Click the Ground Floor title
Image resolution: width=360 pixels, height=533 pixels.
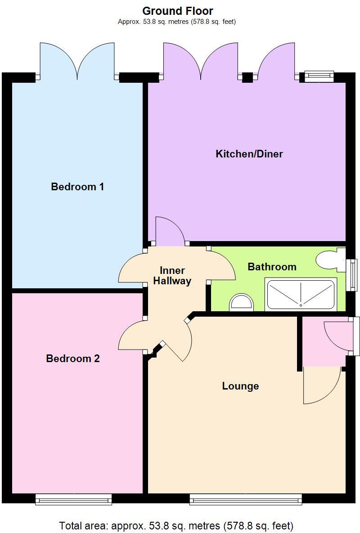pos(178,11)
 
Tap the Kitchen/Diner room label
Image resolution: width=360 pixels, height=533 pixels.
pos(249,154)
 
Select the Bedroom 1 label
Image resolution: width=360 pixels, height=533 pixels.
pos(77,186)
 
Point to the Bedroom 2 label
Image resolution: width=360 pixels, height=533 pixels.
pos(73,358)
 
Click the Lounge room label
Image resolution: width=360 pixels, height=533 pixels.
pos(240,386)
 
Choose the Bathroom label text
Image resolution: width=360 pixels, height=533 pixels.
pos(272,267)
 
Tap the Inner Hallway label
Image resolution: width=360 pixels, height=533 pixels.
pos(172,276)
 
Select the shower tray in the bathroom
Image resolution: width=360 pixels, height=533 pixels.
pos(301,295)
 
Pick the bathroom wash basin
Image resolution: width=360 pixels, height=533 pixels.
pos(242,302)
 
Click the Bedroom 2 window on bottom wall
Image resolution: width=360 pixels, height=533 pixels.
pos(73,499)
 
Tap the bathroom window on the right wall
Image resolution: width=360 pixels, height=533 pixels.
pos(354,274)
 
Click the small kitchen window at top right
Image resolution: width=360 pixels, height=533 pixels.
pos(319,76)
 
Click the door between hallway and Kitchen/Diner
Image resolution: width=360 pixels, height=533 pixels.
pos(170,231)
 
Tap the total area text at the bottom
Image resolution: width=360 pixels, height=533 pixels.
pos(176,525)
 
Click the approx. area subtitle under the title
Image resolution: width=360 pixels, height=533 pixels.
pos(177,22)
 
